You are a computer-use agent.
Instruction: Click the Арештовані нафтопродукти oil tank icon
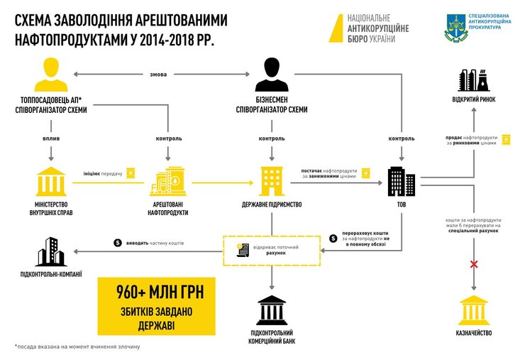click(167, 182)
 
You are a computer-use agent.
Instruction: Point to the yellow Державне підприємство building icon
click(272, 182)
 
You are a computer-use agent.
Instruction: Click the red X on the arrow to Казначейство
click(474, 266)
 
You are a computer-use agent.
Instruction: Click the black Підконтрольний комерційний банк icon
click(272, 307)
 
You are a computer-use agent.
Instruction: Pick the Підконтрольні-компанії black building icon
click(48, 249)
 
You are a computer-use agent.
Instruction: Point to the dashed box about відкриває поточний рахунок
click(272, 250)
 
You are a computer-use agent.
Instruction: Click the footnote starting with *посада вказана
click(77, 347)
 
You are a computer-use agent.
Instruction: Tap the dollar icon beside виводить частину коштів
click(118, 243)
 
